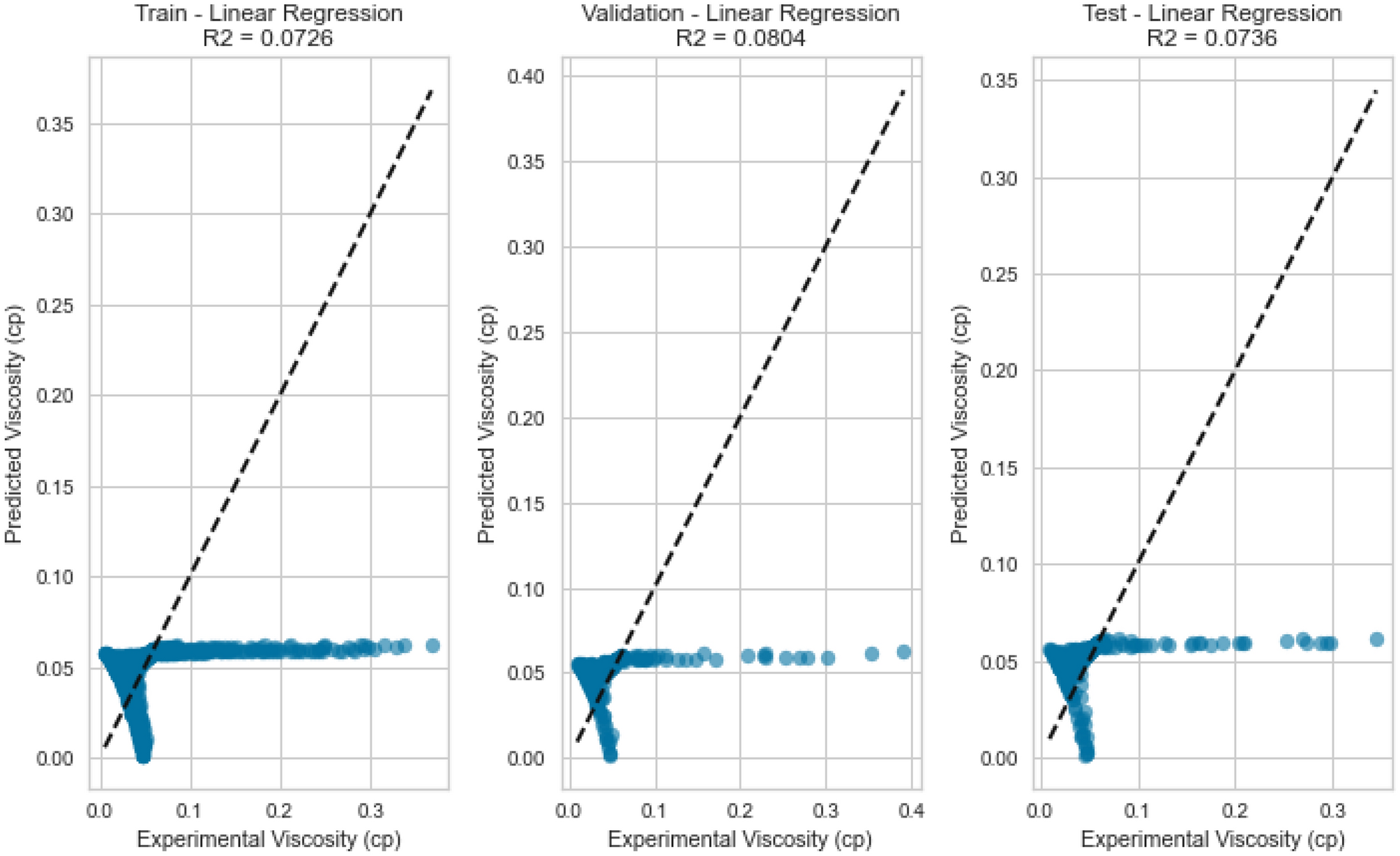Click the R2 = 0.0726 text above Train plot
click(268, 37)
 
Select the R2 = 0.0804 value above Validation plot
click(740, 37)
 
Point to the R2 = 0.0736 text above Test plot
click(1212, 37)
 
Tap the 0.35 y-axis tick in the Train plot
click(54, 125)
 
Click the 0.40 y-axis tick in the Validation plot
click(527, 76)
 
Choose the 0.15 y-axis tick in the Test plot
click(1000, 468)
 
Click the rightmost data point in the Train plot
click(432, 645)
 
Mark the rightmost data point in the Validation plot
click(904, 652)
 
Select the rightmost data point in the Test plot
click(1376, 639)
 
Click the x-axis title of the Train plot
click(269, 839)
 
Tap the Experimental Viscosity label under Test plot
click(1212, 839)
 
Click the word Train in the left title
click(160, 13)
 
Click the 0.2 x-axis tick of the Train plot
click(280, 811)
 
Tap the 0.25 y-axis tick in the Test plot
click(1000, 274)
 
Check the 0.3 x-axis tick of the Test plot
click(1332, 811)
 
